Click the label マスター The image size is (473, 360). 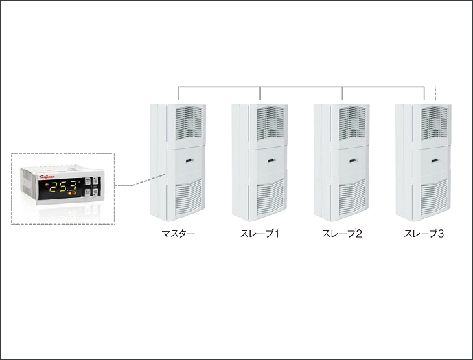[x=178, y=234]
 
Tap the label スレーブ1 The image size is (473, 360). [x=260, y=234]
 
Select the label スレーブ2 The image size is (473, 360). [x=342, y=234]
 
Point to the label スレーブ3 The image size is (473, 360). [x=424, y=234]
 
